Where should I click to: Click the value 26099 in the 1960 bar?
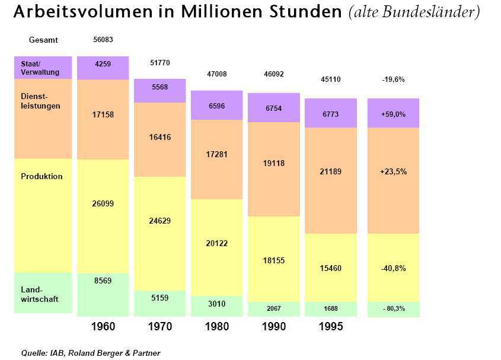[103, 203]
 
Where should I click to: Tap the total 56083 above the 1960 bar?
[103, 40]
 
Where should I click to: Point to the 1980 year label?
[216, 327]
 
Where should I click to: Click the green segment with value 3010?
[216, 304]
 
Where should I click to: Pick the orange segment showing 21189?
[330, 171]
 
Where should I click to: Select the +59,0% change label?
[393, 114]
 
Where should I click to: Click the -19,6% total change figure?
[393, 79]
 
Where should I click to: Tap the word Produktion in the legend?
[42, 176]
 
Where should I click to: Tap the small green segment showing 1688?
[330, 308]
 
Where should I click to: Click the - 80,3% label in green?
[393, 308]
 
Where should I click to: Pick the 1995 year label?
[330, 327]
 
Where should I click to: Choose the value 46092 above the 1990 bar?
[273, 74]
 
